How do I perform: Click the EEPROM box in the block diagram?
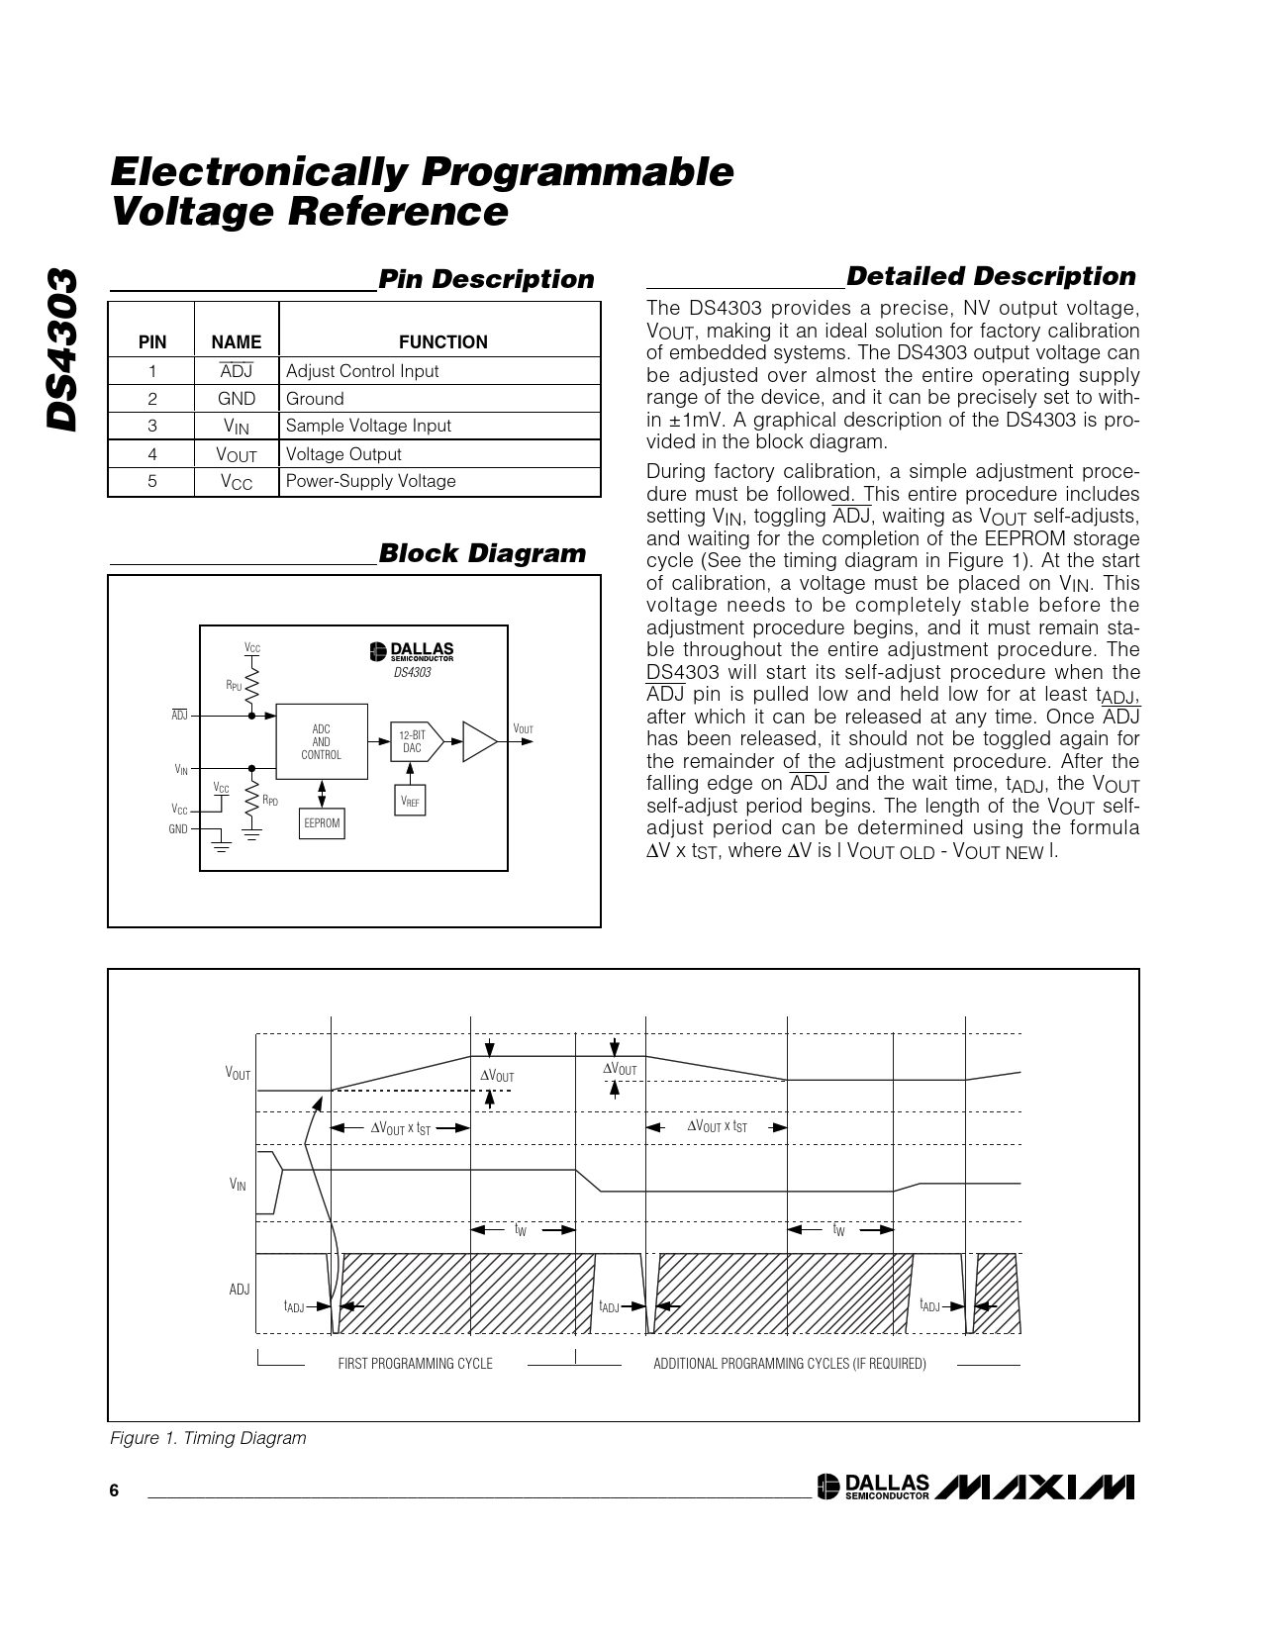[322, 823]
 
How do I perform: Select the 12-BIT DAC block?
[413, 742]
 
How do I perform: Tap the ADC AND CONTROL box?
[321, 742]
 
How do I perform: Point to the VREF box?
[410, 801]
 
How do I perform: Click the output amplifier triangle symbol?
[479, 742]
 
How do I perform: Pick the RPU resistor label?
[234, 685]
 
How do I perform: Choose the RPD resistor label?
[270, 801]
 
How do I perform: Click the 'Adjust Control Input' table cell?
[362, 371]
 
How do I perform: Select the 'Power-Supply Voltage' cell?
[370, 481]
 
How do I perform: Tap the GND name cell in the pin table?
[237, 399]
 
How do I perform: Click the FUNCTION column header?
[442, 342]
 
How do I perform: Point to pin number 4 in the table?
[152, 454]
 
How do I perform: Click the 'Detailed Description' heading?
[991, 276]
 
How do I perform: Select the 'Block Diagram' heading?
[482, 553]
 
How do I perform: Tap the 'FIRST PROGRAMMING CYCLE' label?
[415, 1364]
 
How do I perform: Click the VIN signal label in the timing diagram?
[238, 1185]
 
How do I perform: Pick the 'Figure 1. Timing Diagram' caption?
[208, 1438]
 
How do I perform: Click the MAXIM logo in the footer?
[1033, 1488]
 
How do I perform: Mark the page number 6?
[114, 1491]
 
